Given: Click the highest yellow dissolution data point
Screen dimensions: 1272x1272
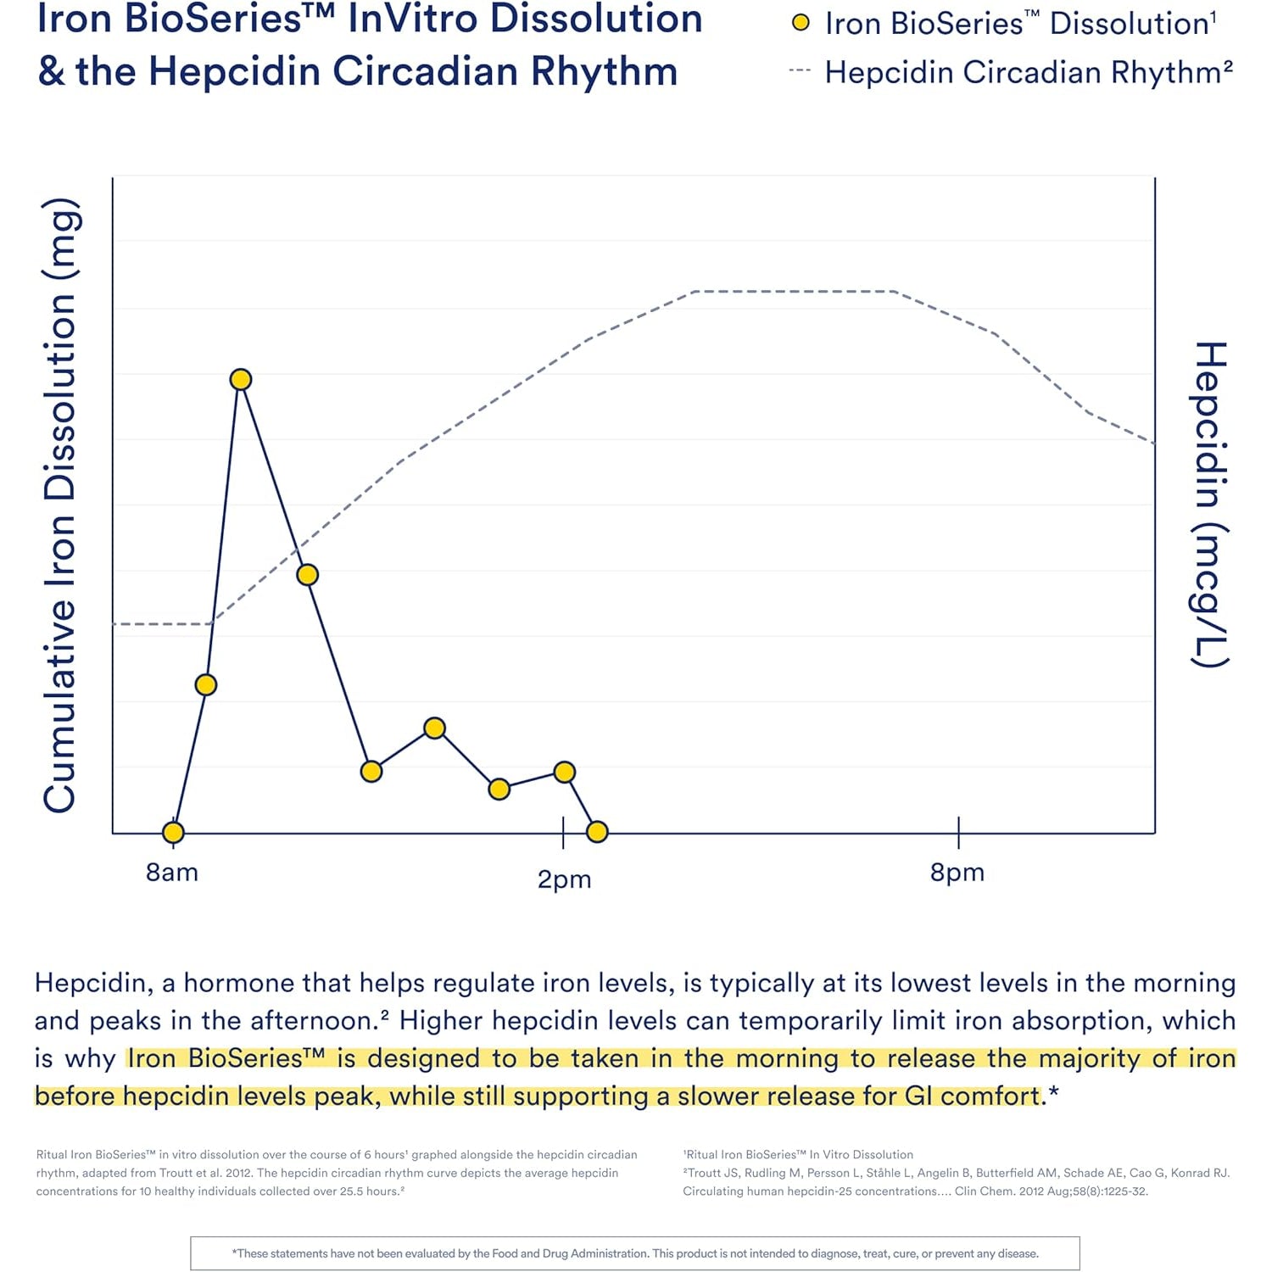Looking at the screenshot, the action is (x=241, y=379).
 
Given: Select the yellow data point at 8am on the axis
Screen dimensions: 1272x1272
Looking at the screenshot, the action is (x=173, y=832).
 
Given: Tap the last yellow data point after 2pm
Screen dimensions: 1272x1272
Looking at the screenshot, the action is (x=597, y=831).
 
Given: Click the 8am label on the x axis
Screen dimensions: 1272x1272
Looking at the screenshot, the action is (x=172, y=872).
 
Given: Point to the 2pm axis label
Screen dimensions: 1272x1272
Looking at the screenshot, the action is (x=564, y=879).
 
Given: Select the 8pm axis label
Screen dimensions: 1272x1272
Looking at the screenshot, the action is (x=957, y=872).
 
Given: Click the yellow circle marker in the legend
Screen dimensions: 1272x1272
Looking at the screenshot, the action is (x=801, y=23).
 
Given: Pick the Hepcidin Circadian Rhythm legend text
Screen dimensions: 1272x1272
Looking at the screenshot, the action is (x=1029, y=72).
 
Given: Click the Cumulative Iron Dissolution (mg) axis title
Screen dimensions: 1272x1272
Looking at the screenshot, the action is (x=61, y=505).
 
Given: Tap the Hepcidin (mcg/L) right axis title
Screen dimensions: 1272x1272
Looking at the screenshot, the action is (x=1211, y=505).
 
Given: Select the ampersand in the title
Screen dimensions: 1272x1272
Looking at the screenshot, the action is (x=51, y=71).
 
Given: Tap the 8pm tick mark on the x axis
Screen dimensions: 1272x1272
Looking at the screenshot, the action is (x=958, y=833).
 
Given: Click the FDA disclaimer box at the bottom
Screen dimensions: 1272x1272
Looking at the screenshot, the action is (x=635, y=1253).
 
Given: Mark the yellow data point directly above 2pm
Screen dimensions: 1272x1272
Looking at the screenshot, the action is (x=565, y=772).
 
